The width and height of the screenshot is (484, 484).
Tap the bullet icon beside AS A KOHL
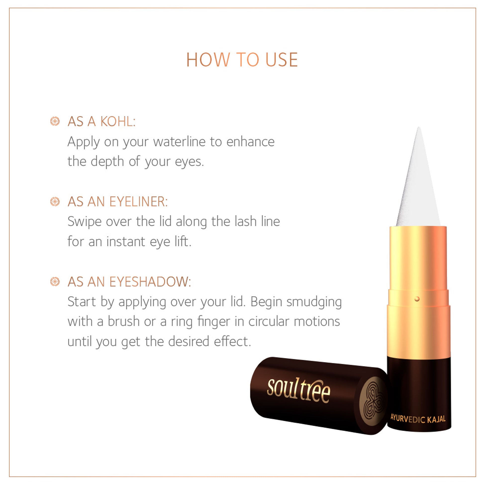55,121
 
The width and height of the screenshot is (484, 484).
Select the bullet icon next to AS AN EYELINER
55,201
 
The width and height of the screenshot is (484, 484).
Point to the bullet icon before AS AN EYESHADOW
55,282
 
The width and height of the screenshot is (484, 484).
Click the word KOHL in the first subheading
118,122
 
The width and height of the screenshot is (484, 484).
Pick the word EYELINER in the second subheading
139,202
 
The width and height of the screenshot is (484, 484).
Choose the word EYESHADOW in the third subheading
150,282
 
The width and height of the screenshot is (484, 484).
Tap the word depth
107,162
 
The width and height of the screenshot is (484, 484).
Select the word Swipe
84,222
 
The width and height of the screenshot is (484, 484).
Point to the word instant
126,242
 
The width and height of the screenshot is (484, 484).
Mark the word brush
124,321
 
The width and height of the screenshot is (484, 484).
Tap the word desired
189,341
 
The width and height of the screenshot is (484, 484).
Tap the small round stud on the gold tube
417,299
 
